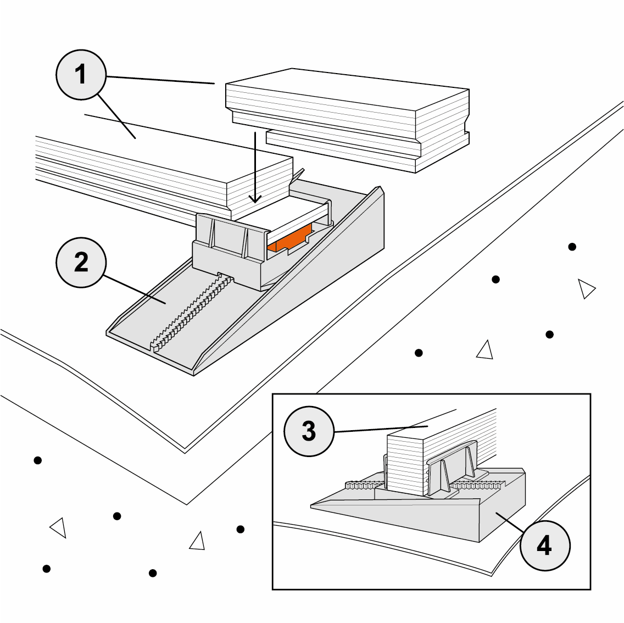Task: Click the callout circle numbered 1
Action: pos(80,75)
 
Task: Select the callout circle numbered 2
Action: pos(80,263)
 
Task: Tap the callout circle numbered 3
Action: pos(309,431)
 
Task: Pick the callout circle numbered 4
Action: pos(544,546)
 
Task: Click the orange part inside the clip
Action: pos(289,240)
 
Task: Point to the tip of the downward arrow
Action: pos(255,202)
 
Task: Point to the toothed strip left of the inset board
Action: pos(363,485)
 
